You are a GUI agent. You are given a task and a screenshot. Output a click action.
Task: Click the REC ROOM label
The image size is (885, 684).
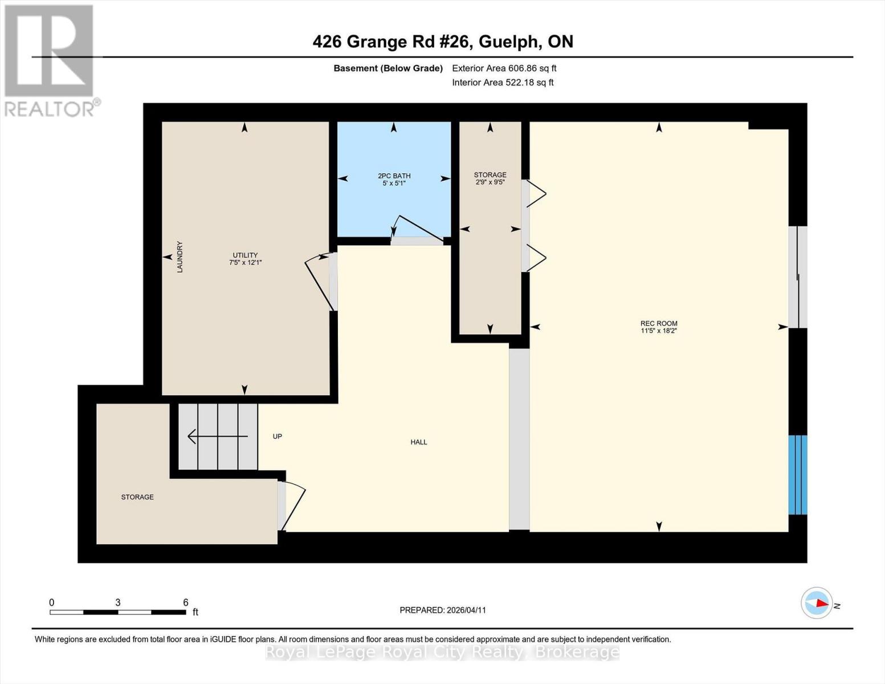659,323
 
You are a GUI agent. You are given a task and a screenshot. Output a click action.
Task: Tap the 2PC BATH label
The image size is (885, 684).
394,176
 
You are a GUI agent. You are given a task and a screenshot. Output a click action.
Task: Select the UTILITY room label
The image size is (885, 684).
245,255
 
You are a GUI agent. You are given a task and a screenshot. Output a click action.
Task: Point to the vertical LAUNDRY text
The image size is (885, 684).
180,257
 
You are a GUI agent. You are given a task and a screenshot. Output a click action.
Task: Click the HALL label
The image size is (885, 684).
419,442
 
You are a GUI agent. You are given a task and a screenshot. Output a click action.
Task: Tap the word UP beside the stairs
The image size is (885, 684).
278,436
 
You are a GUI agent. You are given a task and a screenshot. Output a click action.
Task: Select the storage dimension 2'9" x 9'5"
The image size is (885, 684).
490,182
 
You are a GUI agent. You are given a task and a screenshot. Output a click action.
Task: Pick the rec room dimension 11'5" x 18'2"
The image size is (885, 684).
659,331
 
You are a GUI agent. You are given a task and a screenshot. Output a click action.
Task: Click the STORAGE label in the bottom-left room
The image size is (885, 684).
137,497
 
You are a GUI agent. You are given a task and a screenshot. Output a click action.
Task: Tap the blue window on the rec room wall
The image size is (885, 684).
797,475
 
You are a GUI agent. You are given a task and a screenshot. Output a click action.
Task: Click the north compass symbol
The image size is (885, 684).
817,603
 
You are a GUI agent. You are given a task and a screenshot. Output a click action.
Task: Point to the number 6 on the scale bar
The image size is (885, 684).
185,602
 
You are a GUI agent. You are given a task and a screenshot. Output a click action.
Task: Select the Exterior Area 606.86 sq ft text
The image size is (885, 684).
504,68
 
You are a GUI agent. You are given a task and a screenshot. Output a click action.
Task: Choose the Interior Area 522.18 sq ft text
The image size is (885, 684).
503,83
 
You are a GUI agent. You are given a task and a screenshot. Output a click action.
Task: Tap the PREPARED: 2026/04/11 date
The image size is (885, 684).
443,610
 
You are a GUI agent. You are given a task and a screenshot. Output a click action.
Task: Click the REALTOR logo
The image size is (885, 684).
50,60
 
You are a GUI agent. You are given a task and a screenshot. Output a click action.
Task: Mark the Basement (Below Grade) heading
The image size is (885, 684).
388,68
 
